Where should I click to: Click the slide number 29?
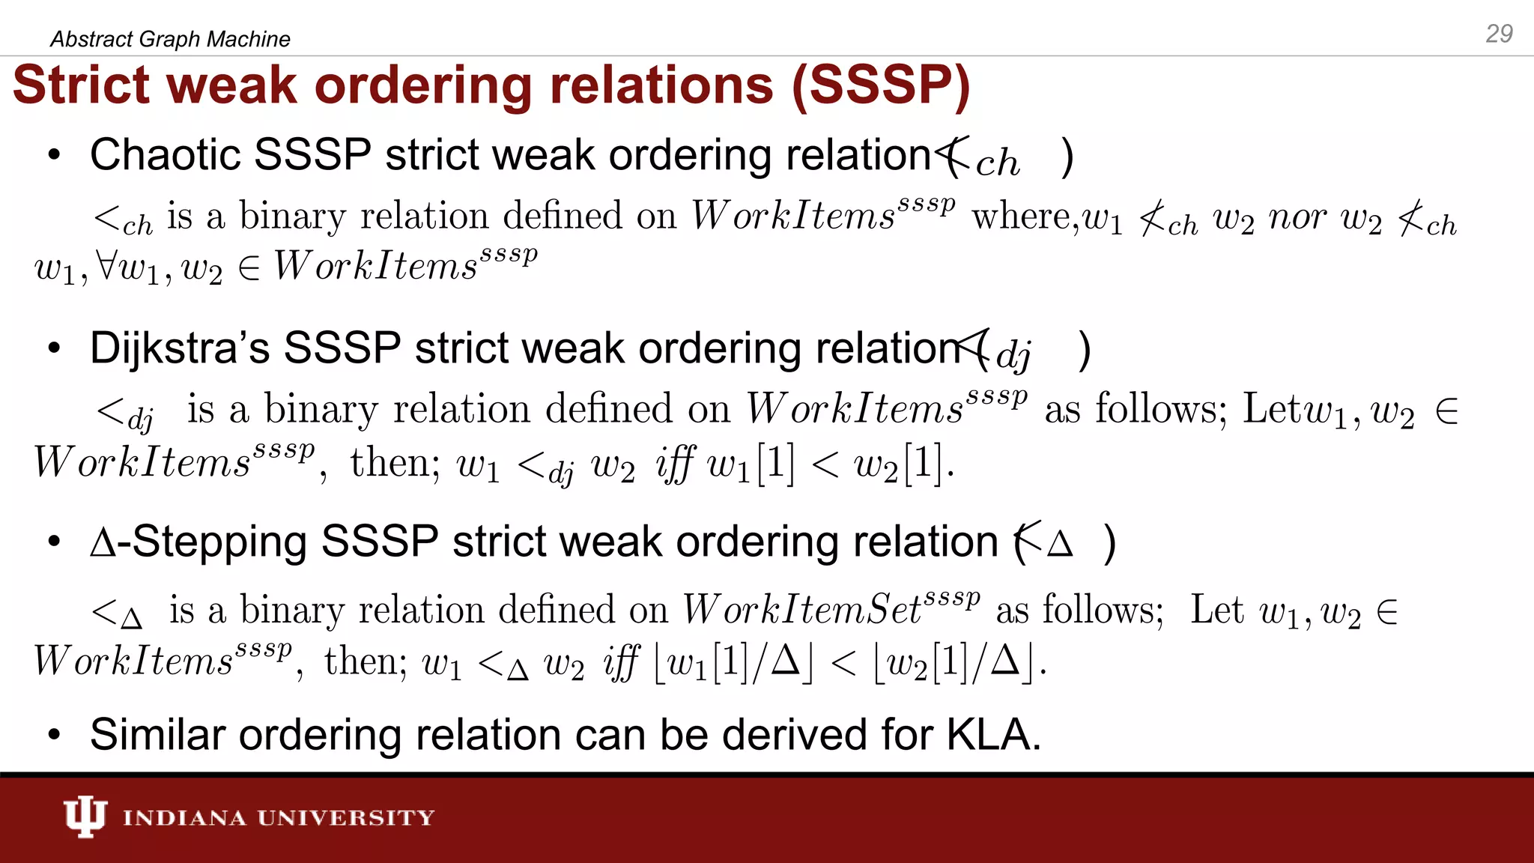(x=1499, y=34)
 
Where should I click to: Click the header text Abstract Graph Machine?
(x=170, y=39)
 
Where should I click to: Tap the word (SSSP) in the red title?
(x=881, y=85)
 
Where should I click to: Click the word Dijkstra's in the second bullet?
(x=180, y=348)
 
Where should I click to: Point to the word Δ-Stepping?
(x=198, y=542)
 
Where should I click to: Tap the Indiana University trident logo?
(x=85, y=817)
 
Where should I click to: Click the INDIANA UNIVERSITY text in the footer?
(x=279, y=817)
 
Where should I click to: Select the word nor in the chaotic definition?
(x=1297, y=218)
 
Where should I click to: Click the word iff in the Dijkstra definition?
(x=674, y=464)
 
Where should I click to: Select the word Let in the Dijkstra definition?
(x=1272, y=410)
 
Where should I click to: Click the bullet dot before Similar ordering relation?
(x=53, y=736)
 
